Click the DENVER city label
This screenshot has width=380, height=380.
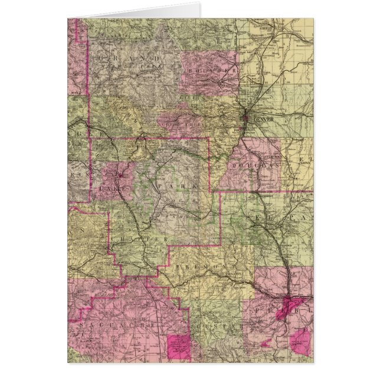click(x=260, y=119)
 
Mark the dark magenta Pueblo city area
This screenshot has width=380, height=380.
click(x=289, y=306)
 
